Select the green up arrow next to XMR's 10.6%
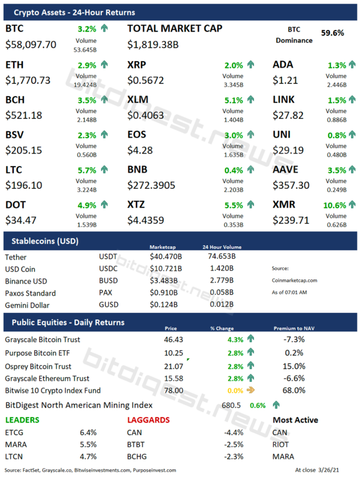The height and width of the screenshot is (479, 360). [351, 205]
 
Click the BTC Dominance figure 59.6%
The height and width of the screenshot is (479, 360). [332, 33]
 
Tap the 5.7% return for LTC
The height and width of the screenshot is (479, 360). [86, 170]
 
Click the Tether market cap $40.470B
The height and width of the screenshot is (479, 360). [166, 257]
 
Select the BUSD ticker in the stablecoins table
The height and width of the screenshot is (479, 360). [108, 281]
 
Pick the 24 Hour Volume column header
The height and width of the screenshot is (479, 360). [213, 246]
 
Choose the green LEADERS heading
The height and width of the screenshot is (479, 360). [23, 420]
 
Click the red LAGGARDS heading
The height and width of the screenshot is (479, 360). [148, 420]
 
